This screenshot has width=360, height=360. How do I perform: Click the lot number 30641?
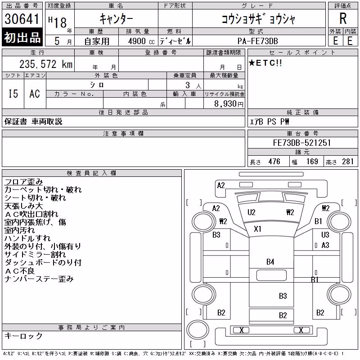22,19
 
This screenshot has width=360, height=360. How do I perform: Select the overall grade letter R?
343,18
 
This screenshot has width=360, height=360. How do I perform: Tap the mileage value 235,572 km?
46,64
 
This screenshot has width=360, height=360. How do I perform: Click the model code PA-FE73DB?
258,41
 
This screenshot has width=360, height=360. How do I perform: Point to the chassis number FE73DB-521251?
302,143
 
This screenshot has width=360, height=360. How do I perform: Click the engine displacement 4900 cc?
141,41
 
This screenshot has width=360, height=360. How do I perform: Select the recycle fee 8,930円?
229,104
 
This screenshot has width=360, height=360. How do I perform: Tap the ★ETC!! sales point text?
265,63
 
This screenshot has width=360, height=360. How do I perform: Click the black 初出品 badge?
22,37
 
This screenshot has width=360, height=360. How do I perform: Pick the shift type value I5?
13,94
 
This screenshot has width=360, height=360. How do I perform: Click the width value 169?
312,162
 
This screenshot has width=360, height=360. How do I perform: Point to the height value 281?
347,162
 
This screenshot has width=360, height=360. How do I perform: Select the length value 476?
274,162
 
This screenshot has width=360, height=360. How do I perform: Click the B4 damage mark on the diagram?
270,262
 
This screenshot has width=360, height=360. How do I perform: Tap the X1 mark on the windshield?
257,229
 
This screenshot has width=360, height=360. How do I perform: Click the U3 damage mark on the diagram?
325,235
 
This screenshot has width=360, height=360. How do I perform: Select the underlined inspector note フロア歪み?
24,182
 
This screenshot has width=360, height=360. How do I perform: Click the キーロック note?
23,336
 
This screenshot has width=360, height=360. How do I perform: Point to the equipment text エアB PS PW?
269,121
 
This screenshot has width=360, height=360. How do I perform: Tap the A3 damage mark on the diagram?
325,245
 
